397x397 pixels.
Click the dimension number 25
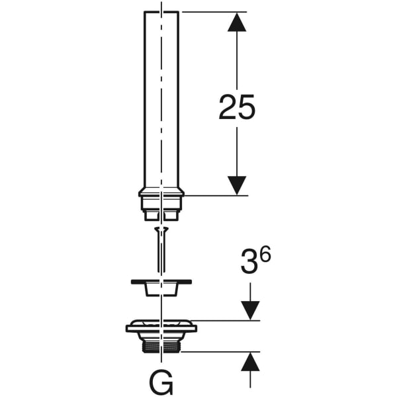237,107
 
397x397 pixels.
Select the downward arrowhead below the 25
237,185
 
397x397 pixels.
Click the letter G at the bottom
162,382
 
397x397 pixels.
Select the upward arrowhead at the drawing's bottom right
250,362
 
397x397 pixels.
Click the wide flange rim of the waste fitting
162,326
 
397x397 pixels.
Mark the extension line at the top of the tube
212,12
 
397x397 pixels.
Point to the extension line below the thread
218,352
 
